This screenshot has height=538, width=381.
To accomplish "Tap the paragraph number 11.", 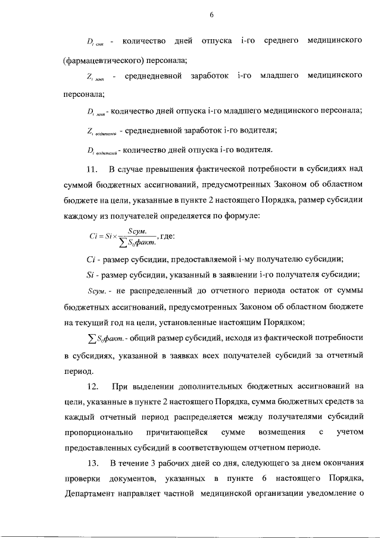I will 92,172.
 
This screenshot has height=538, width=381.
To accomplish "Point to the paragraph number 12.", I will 92,387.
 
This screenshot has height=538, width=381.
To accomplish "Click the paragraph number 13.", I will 92,463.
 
